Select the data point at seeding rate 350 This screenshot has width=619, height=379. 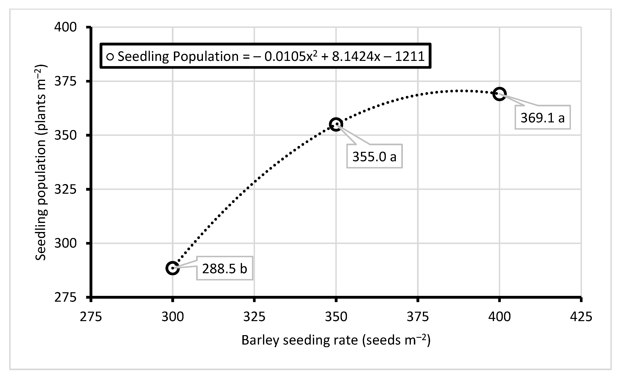click(x=336, y=124)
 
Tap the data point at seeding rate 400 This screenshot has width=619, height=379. click(x=499, y=94)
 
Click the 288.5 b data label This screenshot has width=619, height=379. click(x=225, y=268)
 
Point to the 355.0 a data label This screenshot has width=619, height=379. click(x=374, y=156)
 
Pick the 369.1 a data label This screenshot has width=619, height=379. click(x=543, y=118)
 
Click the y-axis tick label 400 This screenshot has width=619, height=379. click(x=65, y=27)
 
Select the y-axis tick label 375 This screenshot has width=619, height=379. click(x=65, y=81)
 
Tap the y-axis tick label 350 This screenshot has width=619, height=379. click(x=65, y=135)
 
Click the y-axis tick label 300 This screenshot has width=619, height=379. click(x=65, y=243)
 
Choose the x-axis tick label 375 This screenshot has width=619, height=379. click(x=417, y=317)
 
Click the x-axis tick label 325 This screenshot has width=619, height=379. click(x=254, y=317)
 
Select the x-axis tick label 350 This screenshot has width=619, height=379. click(x=336, y=317)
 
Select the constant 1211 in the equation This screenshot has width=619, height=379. click(x=410, y=56)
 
